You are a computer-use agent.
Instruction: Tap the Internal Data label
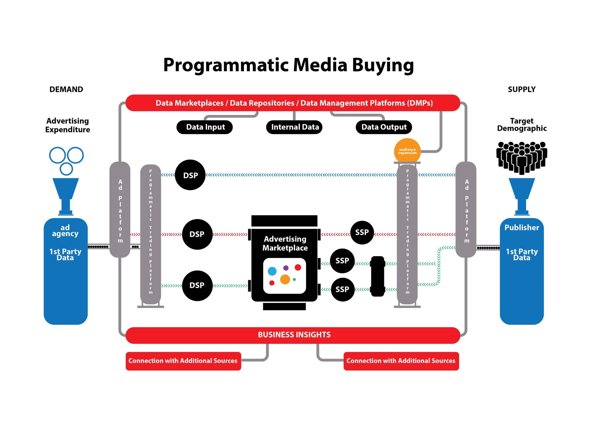[x=294, y=127]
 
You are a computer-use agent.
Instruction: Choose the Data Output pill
[x=384, y=127]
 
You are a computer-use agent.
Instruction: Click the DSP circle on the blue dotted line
[x=190, y=175]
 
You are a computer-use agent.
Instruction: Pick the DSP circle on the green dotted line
[x=197, y=285]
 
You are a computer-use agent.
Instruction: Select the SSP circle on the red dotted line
[x=362, y=232]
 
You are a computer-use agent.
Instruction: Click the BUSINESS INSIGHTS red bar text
[x=294, y=335]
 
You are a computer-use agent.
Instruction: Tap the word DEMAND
[x=66, y=89]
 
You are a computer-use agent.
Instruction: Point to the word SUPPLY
[x=522, y=89]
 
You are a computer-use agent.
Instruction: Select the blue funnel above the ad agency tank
[x=66, y=193]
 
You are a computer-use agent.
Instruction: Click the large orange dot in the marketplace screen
[x=285, y=279]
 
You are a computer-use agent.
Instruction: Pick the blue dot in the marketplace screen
[x=272, y=271]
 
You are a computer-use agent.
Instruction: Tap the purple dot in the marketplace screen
[x=286, y=268]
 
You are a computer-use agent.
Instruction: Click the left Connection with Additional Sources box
[x=183, y=361]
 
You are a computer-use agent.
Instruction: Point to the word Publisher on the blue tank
[x=522, y=227]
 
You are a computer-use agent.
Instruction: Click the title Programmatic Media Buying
[x=289, y=65]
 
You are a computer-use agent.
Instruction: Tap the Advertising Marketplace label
[x=285, y=243]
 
